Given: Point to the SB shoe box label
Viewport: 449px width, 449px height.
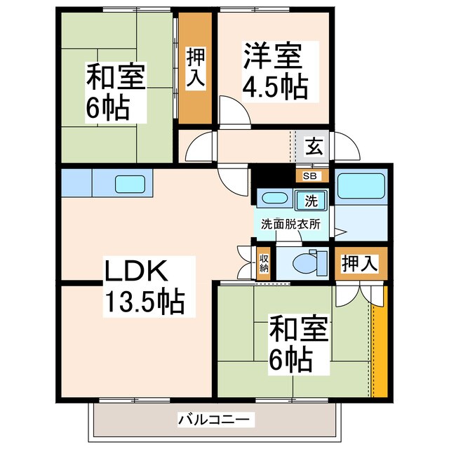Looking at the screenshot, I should (309, 176).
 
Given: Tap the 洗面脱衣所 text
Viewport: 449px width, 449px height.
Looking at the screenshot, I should (290, 224).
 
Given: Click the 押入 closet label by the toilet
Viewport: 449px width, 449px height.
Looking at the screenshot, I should (359, 264).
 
